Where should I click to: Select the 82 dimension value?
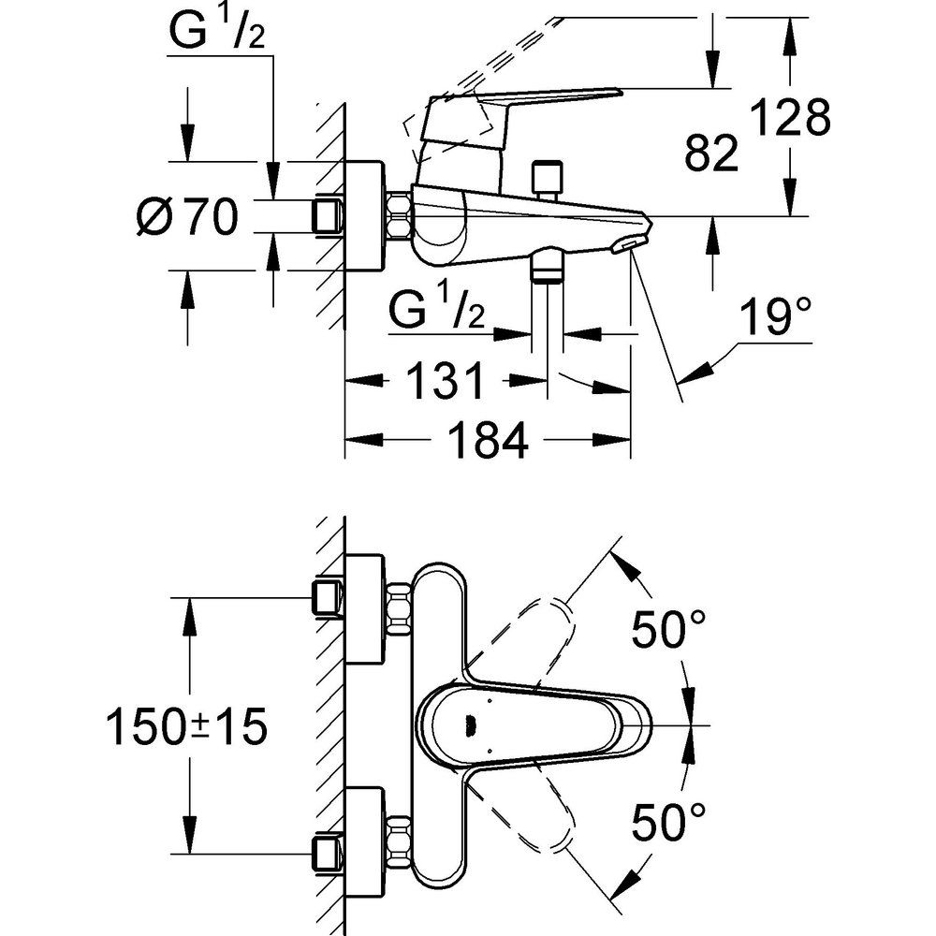711,153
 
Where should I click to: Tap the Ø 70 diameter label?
187,219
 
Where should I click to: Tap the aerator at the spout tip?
625,244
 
